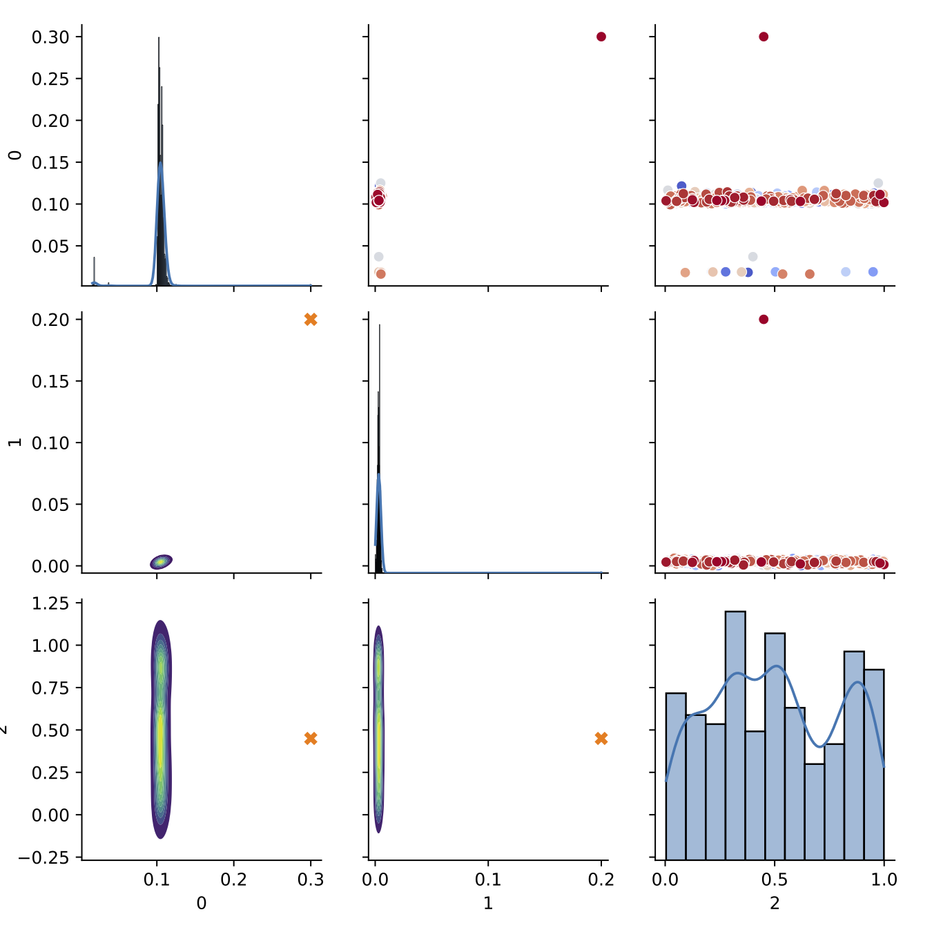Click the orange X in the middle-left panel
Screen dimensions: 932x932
311,320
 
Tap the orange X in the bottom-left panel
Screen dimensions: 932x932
311,739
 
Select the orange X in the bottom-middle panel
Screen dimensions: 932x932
601,739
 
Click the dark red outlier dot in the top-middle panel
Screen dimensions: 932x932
601,37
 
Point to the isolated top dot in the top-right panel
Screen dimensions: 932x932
764,37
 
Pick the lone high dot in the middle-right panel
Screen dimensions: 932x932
764,320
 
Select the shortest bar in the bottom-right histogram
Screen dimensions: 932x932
814,811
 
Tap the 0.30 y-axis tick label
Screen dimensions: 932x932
50,37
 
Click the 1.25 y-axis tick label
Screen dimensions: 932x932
50,603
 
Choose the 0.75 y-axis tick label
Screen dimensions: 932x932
50,688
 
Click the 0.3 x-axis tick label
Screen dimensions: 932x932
311,880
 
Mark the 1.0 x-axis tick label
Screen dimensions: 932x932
884,880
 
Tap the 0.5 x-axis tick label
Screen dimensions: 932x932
775,880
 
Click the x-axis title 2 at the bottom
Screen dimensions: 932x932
775,903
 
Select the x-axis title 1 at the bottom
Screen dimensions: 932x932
488,903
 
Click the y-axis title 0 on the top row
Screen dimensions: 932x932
14,155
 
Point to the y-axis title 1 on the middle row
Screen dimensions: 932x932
14,442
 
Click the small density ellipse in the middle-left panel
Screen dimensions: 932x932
161,562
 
